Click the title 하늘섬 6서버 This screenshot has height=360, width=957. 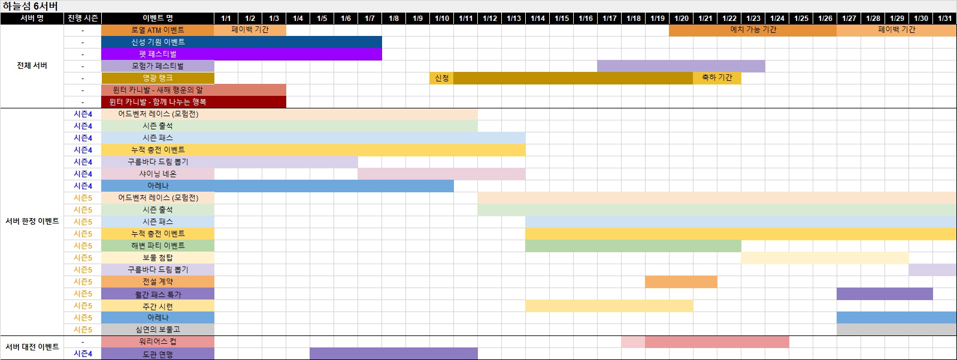coord(30,6)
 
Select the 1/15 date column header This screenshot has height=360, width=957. coord(561,18)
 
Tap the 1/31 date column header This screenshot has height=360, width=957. coord(944,18)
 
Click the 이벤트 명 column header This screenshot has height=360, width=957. coord(158,18)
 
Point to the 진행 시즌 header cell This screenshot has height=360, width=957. coord(83,18)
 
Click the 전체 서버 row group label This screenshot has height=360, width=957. coord(32,66)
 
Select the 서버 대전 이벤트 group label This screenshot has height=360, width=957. coord(32,347)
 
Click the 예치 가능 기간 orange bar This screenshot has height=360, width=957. coord(753,30)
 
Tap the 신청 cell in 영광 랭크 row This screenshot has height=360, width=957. coord(441,78)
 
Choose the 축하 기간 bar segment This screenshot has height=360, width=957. coord(717,78)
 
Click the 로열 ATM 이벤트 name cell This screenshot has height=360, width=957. coord(158,30)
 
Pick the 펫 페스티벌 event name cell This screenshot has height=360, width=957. coord(158,54)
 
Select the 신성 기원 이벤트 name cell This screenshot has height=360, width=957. coord(158,42)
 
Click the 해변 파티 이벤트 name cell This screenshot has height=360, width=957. coord(158,246)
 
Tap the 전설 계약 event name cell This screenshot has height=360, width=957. coord(158,282)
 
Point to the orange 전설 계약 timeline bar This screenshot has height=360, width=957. coord(681,282)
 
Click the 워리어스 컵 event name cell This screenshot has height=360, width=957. coord(158,341)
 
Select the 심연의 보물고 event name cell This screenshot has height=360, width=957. coord(158,329)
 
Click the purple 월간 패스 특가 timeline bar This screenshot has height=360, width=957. coord(885,294)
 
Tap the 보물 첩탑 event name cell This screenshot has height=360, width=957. coord(158,258)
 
